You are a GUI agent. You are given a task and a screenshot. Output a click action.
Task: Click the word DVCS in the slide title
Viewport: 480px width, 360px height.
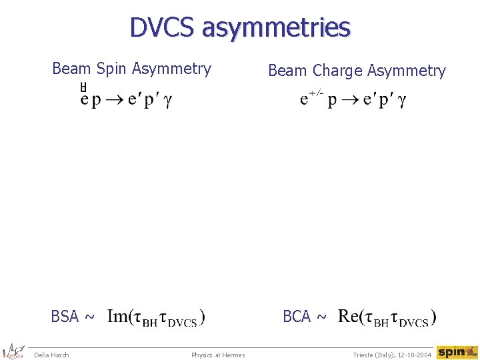[x=163, y=27]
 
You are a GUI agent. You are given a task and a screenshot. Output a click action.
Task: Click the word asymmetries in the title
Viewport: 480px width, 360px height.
[x=275, y=28]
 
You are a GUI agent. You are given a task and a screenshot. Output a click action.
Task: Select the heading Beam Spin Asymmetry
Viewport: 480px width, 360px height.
[x=131, y=68]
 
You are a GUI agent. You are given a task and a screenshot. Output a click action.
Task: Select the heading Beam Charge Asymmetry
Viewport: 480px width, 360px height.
[x=357, y=71]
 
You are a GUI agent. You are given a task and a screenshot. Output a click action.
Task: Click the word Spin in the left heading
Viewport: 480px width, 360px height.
[x=113, y=69]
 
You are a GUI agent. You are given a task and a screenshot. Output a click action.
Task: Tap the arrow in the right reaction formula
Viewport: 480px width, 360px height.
[x=351, y=100]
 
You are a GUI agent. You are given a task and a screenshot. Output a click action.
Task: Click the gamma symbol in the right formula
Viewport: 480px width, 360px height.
[x=401, y=101]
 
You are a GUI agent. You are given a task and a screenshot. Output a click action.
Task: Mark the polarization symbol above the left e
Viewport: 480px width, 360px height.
[x=83, y=87]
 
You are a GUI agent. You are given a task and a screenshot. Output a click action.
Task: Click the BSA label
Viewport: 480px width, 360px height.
[x=65, y=316]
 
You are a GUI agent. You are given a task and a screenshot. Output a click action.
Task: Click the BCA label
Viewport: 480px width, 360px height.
[x=297, y=316]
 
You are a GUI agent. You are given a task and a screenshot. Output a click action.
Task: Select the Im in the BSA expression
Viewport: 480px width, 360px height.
[x=117, y=316]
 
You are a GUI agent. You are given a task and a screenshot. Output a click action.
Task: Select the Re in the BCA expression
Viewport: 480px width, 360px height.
[x=349, y=316]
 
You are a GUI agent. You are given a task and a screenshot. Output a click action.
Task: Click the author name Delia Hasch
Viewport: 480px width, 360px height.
[x=51, y=355]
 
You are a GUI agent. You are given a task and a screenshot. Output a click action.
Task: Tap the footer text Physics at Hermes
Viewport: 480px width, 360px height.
[x=218, y=355]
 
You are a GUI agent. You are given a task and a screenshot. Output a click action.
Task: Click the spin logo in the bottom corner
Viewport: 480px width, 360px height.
[x=457, y=352]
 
